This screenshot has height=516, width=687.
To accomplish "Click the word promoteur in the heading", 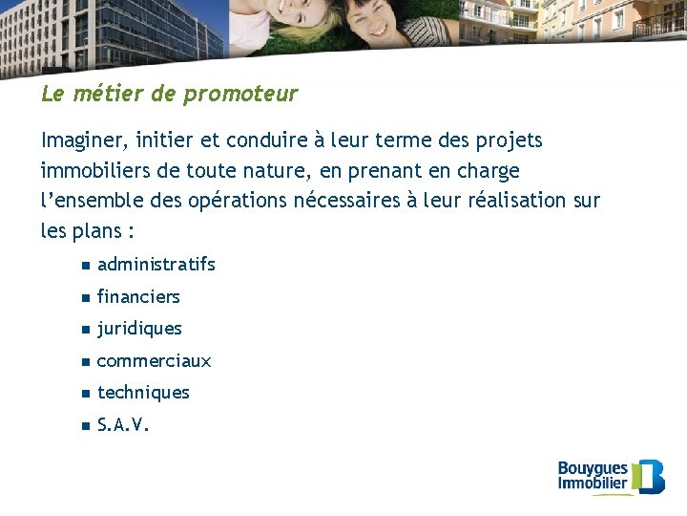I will point(240,95).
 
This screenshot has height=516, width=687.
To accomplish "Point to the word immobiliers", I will point(92,172).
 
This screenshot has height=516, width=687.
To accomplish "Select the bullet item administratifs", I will point(156,264).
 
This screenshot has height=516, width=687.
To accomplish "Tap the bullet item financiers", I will point(138,297).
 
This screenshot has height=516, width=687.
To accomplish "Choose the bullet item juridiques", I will point(139,329).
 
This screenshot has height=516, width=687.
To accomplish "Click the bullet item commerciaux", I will point(154,361).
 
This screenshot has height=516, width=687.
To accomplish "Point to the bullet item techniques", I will point(143,393).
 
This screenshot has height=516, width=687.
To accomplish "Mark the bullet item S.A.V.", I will point(123,425).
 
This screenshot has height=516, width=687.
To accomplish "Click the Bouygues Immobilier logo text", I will point(593,475).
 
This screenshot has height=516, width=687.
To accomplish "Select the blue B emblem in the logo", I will point(651,476).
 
